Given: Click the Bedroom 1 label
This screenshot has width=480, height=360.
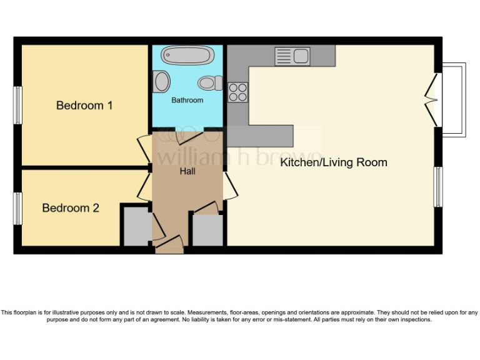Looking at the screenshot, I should pos(84,105).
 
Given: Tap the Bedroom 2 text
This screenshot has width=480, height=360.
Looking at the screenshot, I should pos(71,207).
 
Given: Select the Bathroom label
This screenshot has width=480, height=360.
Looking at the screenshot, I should pos(187,100).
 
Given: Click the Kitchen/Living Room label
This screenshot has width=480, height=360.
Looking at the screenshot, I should pos(333,162).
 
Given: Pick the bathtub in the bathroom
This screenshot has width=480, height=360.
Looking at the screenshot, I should pos(187,56).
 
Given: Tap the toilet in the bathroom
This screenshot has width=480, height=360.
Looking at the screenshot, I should pos(210,82).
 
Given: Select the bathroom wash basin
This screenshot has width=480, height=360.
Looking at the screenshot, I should pos(162,82).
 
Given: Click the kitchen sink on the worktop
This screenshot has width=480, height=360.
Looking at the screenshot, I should pos(292,56).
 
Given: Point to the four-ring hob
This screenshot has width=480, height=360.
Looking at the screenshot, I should pos(237,92).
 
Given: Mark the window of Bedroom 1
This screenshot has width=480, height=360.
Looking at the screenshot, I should pos(18,105).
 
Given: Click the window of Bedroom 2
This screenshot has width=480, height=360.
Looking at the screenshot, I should pos(18,208).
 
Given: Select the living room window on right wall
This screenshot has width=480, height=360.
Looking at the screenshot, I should pos(439,187).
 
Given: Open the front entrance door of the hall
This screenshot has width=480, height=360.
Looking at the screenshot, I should pos(169,245).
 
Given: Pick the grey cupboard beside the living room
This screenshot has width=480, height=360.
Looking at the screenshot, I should pos(207,229).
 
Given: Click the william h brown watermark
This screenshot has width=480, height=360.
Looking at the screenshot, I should pos(238,156).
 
